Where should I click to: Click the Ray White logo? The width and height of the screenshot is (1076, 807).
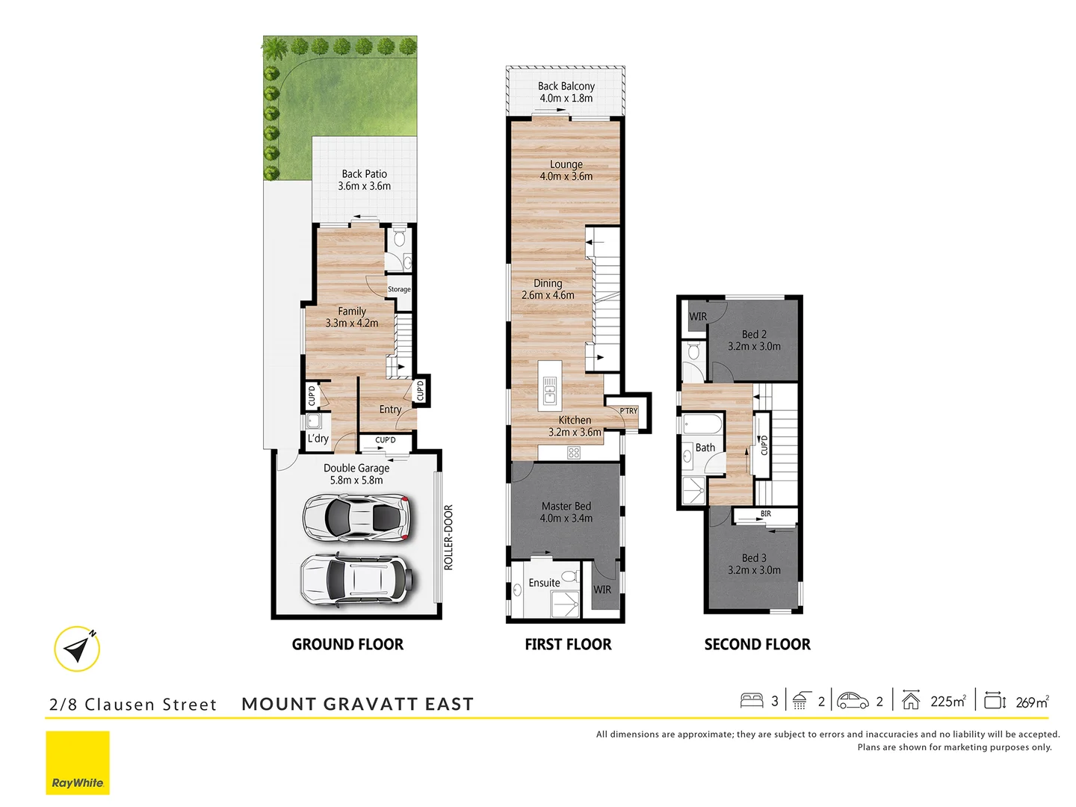click(78, 762)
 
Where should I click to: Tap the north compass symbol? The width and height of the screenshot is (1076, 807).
click(78, 649)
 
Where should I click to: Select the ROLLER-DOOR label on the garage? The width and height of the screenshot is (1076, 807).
click(448, 537)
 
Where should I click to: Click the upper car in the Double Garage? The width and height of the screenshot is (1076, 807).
click(356, 516)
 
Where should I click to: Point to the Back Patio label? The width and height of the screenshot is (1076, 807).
click(364, 180)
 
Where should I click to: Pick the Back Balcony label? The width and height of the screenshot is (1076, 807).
click(566, 92)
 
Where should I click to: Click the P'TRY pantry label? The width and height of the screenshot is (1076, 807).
click(628, 411)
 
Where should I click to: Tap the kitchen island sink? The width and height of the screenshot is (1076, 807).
click(550, 390)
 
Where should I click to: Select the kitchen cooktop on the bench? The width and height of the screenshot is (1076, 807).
click(573, 452)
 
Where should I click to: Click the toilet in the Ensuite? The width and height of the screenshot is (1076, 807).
click(569, 576)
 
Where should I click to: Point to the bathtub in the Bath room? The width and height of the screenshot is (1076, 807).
click(702, 424)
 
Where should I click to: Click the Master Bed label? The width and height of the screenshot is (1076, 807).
click(566, 512)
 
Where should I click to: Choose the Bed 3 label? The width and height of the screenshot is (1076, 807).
click(754, 564)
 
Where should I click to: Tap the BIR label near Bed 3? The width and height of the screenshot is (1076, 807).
click(766, 514)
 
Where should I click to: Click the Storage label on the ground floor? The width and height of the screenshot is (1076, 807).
click(399, 289)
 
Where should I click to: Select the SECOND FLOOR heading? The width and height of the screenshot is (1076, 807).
click(757, 644)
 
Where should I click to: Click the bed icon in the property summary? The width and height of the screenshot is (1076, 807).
click(752, 701)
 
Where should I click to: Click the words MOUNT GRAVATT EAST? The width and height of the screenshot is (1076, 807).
click(357, 704)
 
